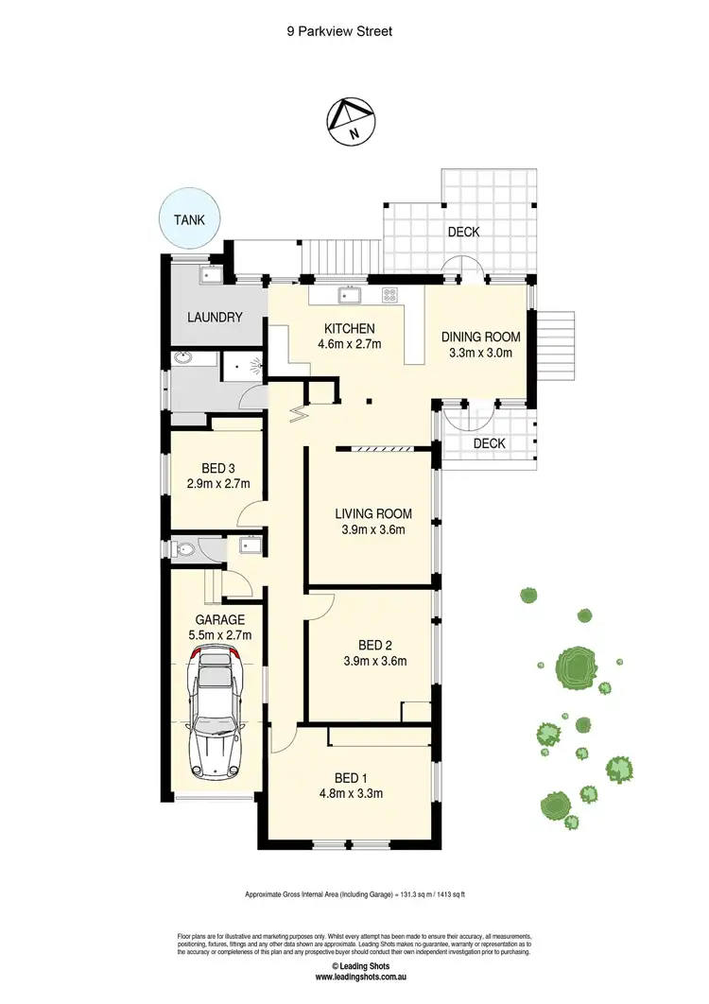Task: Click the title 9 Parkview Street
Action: click(x=339, y=31)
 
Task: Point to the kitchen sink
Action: click(x=351, y=295)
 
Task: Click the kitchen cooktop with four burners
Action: click(x=389, y=295)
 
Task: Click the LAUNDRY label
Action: click(x=215, y=318)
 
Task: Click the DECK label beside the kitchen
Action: click(x=463, y=232)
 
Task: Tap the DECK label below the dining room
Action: click(x=489, y=442)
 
